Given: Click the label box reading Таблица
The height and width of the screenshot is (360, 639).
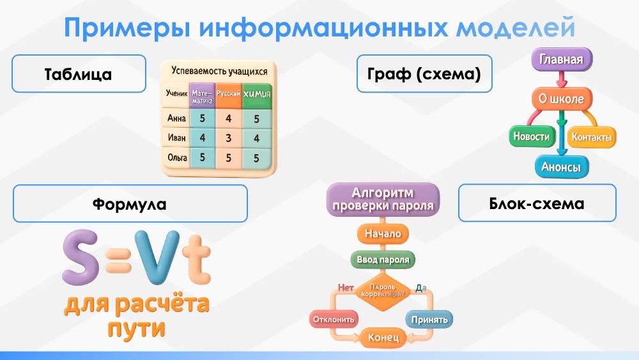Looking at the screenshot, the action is (79, 74).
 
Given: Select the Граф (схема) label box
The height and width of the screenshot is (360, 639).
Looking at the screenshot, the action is (424, 74).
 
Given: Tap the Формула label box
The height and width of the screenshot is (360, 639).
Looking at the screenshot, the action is (130, 203).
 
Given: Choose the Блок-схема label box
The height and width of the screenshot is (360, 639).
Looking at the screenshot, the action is (537, 203).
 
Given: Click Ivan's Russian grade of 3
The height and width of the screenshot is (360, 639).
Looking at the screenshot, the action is (229, 138).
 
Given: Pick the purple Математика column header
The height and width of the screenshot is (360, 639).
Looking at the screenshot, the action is (202, 96).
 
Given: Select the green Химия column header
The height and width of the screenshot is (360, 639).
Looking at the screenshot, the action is (257, 96).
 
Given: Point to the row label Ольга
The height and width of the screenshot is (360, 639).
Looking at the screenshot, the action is (177, 158).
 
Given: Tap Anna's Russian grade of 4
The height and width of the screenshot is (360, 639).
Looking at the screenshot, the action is (229, 119).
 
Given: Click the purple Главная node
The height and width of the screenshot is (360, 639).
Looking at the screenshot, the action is (562, 59).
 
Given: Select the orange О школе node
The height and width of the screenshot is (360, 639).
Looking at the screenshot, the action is (562, 98).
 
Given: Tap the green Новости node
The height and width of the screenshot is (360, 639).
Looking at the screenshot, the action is (531, 137).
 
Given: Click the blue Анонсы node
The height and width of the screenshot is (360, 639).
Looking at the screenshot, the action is (561, 167).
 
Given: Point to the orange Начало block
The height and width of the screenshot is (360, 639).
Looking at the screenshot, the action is (383, 234).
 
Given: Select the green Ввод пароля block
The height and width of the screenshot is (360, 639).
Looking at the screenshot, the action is (383, 260).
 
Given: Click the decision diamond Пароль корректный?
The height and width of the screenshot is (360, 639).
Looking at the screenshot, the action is (383, 290).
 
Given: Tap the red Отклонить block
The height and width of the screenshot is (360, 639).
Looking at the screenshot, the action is (334, 320).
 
